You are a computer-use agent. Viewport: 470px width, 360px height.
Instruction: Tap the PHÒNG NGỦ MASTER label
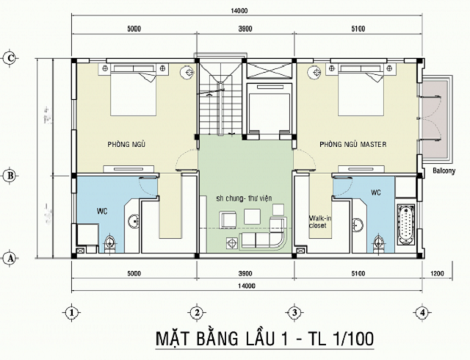353,144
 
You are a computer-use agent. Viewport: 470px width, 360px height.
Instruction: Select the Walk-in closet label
318,221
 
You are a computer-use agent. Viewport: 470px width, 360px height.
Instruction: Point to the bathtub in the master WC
405,224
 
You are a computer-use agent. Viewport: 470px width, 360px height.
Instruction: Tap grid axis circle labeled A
10,258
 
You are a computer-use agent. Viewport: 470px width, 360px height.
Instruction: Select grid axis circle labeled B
10,175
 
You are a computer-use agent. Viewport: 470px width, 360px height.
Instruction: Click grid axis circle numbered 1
71,312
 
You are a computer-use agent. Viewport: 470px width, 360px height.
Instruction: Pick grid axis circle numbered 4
421,312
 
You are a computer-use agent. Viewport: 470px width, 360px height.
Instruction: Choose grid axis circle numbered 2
197,312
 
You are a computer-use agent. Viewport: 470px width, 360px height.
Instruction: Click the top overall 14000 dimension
238,10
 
